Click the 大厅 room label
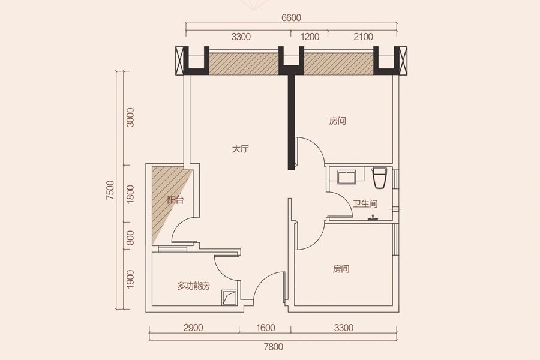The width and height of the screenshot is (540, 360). pyautogui.click(x=240, y=149)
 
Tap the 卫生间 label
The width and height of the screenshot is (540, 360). pyautogui.click(x=365, y=203)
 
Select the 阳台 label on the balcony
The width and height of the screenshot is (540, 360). pyautogui.click(x=175, y=200)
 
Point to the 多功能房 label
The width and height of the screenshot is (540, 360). pyautogui.click(x=194, y=286)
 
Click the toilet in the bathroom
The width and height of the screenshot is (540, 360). pyautogui.click(x=380, y=178)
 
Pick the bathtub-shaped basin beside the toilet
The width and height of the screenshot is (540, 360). pyautogui.click(x=347, y=177)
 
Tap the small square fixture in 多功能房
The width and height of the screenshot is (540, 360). pyautogui.click(x=229, y=298)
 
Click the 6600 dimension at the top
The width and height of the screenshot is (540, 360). pyautogui.click(x=292, y=17)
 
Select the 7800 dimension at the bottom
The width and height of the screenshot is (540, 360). pyautogui.click(x=274, y=347)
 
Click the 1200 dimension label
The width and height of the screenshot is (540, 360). pyautogui.click(x=310, y=37)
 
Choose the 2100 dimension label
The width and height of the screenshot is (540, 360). pyautogui.click(x=364, y=37)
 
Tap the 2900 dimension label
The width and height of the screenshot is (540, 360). pyautogui.click(x=193, y=328)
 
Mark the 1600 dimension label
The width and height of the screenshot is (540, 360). pyautogui.click(x=266, y=328)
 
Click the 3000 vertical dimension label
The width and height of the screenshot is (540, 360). pyautogui.click(x=130, y=118)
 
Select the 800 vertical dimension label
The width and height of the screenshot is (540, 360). pyautogui.click(x=130, y=238)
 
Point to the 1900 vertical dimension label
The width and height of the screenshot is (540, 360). pyautogui.click(x=130, y=279)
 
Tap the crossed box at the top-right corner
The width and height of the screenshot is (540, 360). pyautogui.click(x=403, y=61)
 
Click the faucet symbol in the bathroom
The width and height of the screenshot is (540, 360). pyautogui.click(x=372, y=218)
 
